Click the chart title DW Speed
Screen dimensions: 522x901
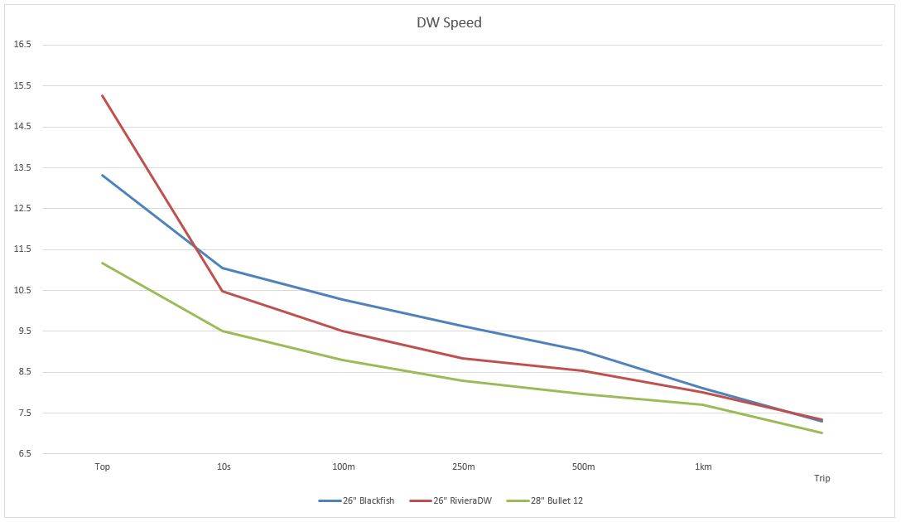pos(449,22)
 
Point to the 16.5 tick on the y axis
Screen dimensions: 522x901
pos(22,45)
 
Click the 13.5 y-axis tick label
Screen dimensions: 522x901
pos(22,167)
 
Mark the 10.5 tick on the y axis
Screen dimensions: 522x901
pos(22,290)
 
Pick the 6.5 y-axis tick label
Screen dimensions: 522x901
pos(22,454)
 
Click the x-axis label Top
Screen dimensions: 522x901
pos(103,467)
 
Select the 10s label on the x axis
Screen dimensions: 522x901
pos(223,467)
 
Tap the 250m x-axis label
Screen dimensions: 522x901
pos(463,467)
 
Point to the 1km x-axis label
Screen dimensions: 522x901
pos(703,467)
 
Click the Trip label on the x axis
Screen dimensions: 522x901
pos(821,478)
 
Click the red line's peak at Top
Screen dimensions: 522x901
pos(103,95)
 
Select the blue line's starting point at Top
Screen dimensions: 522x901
pos(103,175)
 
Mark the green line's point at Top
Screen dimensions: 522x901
pos(103,263)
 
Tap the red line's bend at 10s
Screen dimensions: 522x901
pos(223,291)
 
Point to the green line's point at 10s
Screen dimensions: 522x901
pos(223,331)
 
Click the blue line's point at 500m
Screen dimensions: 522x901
pos(583,351)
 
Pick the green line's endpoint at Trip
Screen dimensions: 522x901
pos(821,433)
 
